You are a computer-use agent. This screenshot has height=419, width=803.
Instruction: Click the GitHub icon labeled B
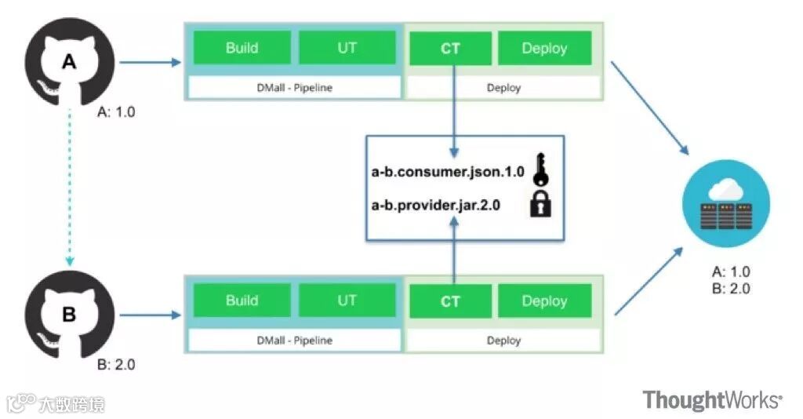(x=69, y=314)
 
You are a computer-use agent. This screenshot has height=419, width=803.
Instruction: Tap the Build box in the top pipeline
(x=242, y=47)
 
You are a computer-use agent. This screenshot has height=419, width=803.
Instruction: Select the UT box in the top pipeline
(x=347, y=47)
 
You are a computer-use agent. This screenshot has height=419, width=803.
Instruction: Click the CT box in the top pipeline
(x=450, y=48)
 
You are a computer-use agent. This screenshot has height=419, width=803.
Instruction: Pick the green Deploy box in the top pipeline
(x=544, y=48)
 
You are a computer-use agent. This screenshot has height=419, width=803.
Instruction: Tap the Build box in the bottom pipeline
(x=242, y=301)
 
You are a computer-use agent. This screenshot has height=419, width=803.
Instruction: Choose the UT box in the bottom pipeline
(x=347, y=301)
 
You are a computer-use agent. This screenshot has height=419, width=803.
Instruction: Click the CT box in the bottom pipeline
(x=450, y=301)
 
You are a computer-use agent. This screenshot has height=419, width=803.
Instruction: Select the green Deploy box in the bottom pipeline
(x=544, y=301)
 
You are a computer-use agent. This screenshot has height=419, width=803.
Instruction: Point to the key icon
(x=541, y=169)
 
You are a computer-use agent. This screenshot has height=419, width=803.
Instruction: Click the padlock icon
(x=541, y=204)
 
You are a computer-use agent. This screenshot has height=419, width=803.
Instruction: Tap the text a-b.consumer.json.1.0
(x=448, y=172)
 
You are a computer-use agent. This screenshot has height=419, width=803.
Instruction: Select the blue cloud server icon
(x=725, y=202)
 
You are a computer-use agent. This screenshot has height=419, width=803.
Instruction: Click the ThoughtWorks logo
(x=712, y=400)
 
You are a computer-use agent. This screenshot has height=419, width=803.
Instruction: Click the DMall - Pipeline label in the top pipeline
(x=294, y=87)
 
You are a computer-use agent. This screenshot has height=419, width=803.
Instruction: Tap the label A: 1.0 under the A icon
(x=116, y=112)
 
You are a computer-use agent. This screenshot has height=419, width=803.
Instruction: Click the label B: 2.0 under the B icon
(x=116, y=365)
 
